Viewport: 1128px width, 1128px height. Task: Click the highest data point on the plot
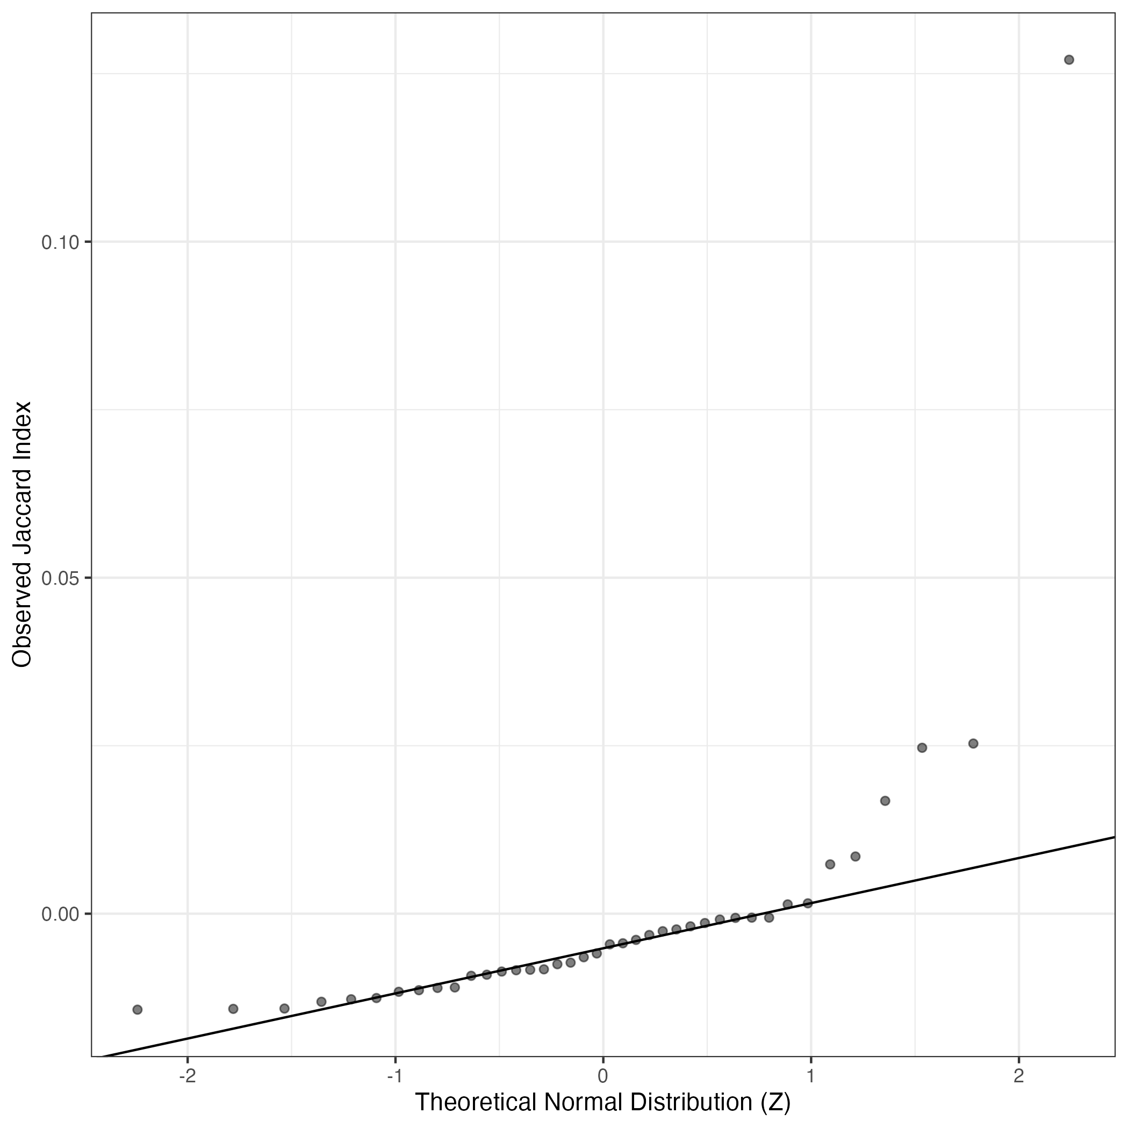click(1069, 60)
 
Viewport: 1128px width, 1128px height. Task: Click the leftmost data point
click(137, 1009)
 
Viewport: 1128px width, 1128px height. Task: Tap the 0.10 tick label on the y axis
click(60, 242)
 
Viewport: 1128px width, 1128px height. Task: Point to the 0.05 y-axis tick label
click(60, 578)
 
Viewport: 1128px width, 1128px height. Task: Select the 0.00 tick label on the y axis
click(60, 914)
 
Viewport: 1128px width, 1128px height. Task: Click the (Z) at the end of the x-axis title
click(775, 1102)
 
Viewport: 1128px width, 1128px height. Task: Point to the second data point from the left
click(233, 1009)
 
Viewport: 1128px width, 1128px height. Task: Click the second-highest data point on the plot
click(973, 743)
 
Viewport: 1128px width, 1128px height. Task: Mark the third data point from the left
click(284, 1008)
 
